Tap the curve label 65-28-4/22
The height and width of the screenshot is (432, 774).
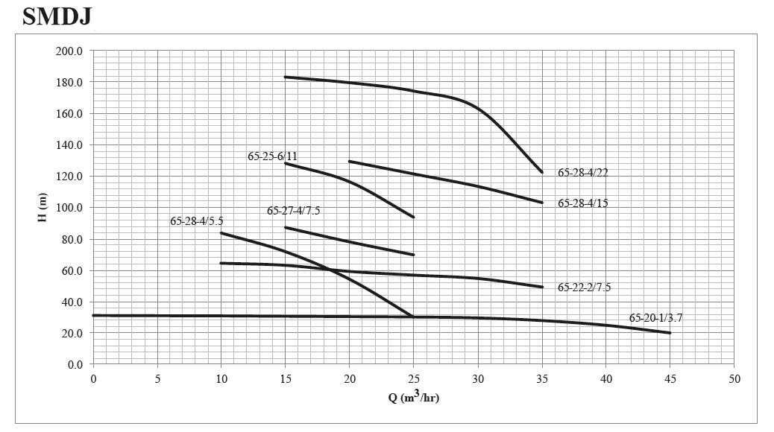point(582,172)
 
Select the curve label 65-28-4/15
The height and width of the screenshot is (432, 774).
point(582,203)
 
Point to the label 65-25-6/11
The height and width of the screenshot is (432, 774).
point(272,156)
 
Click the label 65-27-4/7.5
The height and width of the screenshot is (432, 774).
point(293,211)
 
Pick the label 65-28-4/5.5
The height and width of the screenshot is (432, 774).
point(196,221)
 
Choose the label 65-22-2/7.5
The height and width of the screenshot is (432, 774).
point(584,287)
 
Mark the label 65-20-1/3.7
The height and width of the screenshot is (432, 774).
point(655,317)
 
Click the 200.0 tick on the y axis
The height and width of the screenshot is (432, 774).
point(71,51)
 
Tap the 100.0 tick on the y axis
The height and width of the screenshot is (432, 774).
point(71,207)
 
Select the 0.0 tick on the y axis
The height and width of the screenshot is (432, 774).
point(75,364)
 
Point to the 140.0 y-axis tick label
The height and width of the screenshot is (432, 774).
point(71,144)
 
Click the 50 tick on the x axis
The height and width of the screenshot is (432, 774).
point(734,379)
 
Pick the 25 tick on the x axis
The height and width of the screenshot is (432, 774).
point(414,379)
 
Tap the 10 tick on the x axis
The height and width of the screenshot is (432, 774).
point(221,379)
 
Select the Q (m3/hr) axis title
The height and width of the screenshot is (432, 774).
point(413,396)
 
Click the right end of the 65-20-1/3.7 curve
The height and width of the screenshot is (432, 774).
point(670,333)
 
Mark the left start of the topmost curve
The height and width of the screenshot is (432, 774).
point(286,77)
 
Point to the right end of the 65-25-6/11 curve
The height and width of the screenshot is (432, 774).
point(413,217)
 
